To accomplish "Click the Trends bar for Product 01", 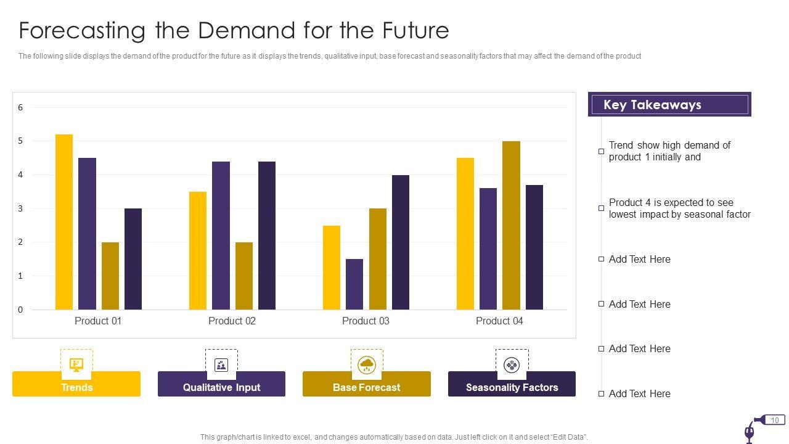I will click(x=64, y=222).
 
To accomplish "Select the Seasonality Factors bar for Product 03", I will click(x=401, y=242).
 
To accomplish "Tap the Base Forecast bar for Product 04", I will click(x=511, y=225).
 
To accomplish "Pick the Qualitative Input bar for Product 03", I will click(x=354, y=284).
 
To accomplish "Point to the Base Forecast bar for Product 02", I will click(x=244, y=276).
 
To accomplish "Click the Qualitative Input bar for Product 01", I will click(x=87, y=234).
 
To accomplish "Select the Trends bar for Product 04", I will click(x=465, y=234).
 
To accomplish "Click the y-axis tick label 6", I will click(x=20, y=107).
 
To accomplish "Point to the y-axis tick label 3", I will click(x=20, y=208).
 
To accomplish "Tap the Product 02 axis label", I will click(x=232, y=321).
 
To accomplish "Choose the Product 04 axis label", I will click(x=499, y=321).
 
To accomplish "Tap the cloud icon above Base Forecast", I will click(x=367, y=364).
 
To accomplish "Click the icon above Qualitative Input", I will click(x=221, y=364).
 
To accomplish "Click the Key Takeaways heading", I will click(x=652, y=105).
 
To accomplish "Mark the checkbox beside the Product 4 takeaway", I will click(x=601, y=208).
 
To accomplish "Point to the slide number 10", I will click(x=775, y=420).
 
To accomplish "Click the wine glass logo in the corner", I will click(x=750, y=432).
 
